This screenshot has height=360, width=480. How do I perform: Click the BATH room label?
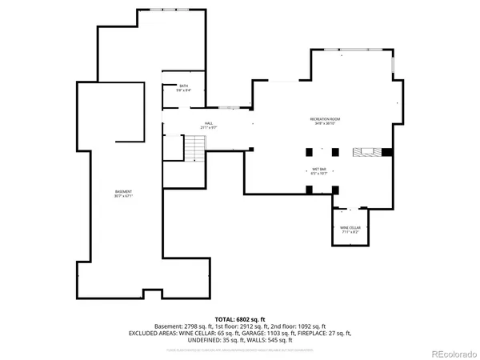(183, 86)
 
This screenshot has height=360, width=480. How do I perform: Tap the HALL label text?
(209, 123)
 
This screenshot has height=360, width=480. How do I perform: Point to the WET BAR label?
(318, 169)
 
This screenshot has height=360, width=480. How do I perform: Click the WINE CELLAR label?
(349, 227)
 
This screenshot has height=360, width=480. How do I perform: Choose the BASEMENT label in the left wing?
(122, 192)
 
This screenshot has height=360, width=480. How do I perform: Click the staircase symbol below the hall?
(194, 147)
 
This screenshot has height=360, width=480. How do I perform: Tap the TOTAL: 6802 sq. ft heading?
(239, 319)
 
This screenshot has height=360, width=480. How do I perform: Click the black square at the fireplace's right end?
(386, 152)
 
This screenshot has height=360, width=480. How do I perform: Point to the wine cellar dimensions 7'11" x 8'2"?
(349, 231)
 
